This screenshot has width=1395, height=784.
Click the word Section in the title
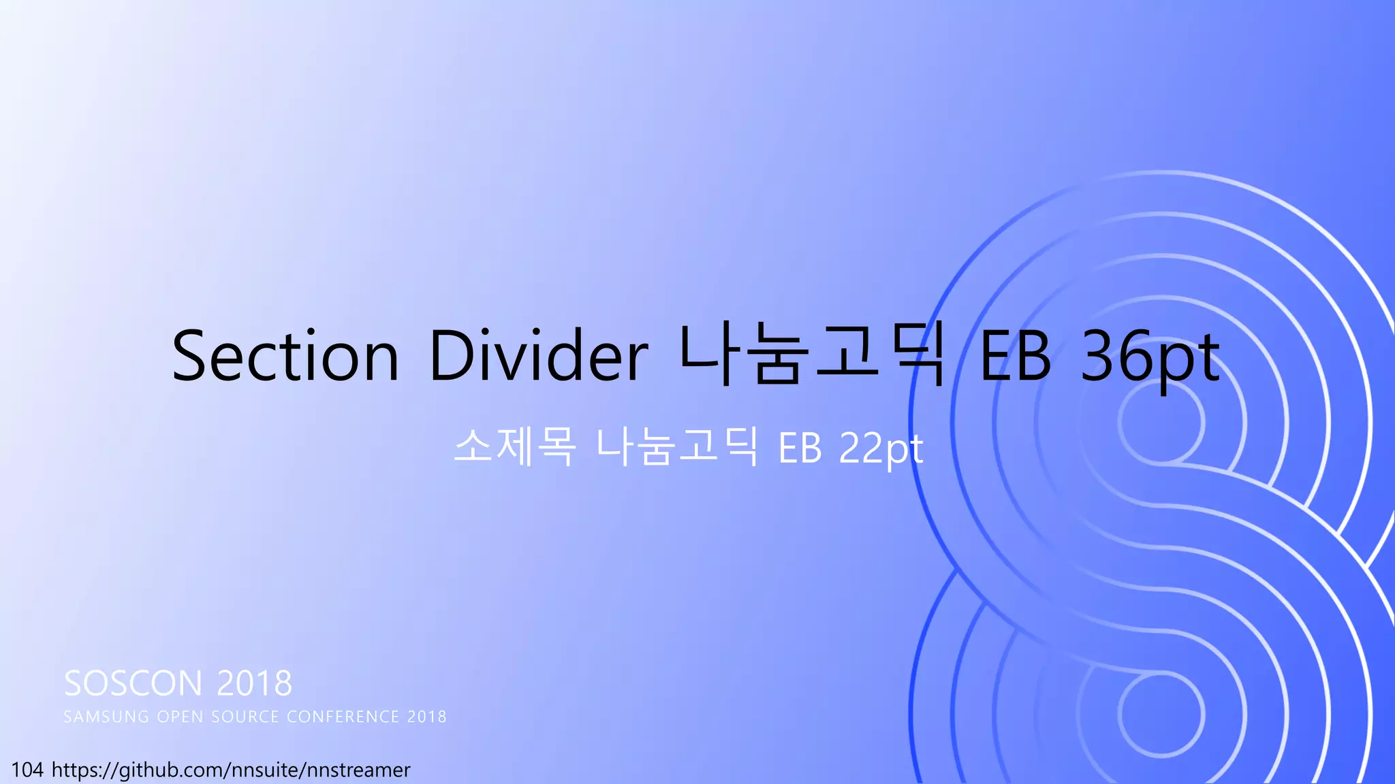[285, 356]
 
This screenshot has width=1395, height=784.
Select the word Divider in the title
[538, 356]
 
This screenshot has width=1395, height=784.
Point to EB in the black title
[1015, 356]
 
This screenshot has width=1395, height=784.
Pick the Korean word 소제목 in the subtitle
[515, 447]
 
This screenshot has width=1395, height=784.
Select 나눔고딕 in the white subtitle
[677, 447]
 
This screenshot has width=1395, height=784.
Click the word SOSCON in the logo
[134, 683]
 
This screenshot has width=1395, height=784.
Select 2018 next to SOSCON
[255, 683]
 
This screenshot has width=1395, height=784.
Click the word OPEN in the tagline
[181, 717]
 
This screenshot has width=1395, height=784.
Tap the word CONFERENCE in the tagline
[343, 717]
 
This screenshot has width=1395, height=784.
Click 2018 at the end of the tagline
[427, 717]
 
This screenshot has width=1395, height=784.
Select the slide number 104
[27, 770]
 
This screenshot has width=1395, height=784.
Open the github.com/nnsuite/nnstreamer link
[231, 770]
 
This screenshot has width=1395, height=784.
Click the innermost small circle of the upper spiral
[1161, 422]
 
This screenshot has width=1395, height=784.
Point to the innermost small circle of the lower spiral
[1161, 715]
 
